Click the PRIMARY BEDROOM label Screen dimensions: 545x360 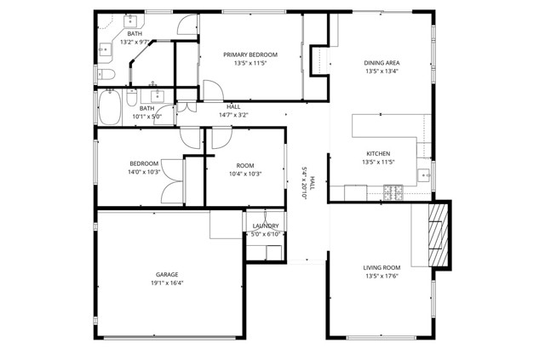(x=250, y=55)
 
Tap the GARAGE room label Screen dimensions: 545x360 (x=167, y=275)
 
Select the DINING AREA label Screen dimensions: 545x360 (x=381, y=63)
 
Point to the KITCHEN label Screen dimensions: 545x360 (x=378, y=153)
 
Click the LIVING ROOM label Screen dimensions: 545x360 (x=381, y=267)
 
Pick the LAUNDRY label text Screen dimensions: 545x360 (x=266, y=226)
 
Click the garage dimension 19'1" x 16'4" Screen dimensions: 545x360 (x=167, y=283)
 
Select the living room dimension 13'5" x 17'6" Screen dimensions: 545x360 (x=381, y=277)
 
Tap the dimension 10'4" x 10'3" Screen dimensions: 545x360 (x=245, y=174)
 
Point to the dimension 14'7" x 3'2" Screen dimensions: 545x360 (x=233, y=115)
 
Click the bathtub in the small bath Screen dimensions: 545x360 (x=110, y=107)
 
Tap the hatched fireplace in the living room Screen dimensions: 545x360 (x=439, y=235)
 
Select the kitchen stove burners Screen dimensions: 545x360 (x=393, y=192)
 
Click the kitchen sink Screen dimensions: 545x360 (x=424, y=175)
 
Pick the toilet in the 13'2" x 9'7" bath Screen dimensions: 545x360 (x=106, y=74)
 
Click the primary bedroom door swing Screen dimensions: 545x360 (x=213, y=90)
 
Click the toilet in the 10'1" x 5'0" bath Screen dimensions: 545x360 (x=132, y=98)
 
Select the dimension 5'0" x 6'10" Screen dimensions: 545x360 (x=266, y=234)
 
